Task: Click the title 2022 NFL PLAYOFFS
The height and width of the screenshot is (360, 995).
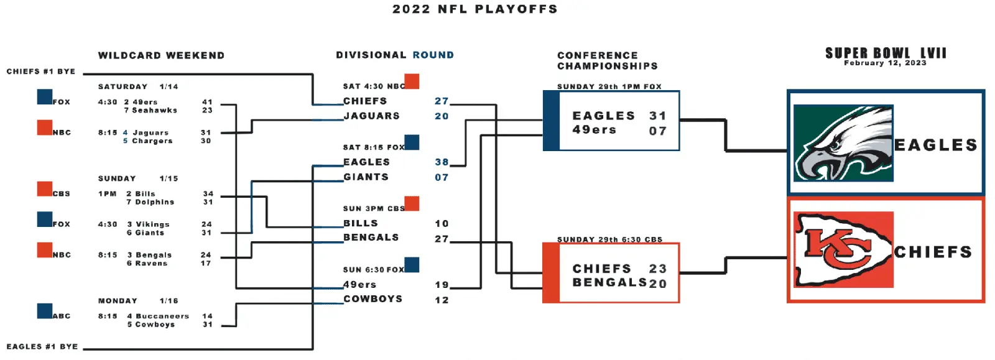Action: tap(475, 9)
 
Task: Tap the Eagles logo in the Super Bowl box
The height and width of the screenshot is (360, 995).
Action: tap(843, 143)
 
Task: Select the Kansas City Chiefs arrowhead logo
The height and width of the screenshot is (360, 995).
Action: tap(843, 249)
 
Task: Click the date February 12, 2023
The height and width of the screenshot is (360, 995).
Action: tap(886, 63)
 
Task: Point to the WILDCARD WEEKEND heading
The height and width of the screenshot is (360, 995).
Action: tap(161, 55)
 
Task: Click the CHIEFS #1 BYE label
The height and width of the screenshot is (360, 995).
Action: tap(41, 72)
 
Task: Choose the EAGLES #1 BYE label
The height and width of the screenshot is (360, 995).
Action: tap(42, 347)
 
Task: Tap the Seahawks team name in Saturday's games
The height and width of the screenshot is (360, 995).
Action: tap(155, 110)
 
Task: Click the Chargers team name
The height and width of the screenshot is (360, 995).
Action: tap(152, 141)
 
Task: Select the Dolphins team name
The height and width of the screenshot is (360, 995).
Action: tap(155, 202)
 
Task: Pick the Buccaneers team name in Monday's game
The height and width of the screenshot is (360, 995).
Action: tap(162, 316)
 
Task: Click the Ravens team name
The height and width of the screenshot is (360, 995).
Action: tap(152, 263)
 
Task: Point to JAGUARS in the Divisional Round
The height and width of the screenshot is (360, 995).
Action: tap(372, 116)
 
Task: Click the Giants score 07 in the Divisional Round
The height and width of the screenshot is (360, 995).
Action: tap(442, 178)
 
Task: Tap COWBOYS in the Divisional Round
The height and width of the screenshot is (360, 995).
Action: tap(373, 299)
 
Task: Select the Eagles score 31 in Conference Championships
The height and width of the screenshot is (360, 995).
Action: tap(658, 116)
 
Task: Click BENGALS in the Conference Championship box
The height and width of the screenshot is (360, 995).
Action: tap(609, 282)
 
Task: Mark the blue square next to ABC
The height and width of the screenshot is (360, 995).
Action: tap(44, 311)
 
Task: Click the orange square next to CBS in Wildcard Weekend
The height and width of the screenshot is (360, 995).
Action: tap(44, 188)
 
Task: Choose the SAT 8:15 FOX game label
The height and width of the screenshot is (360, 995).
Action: tap(374, 147)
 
